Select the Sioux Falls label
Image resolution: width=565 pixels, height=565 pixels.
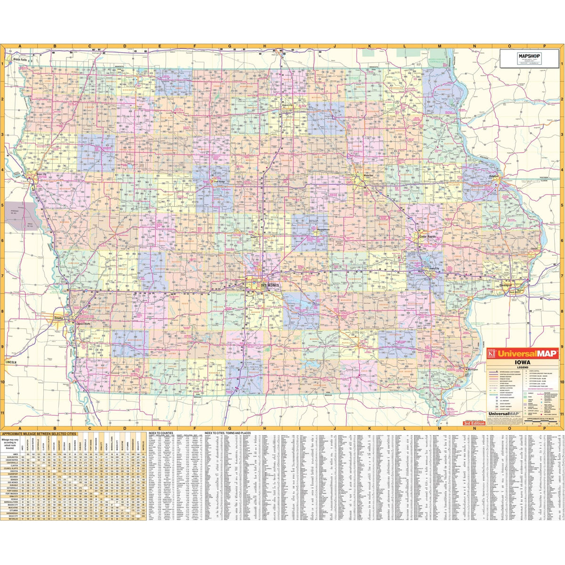(x=20, y=60)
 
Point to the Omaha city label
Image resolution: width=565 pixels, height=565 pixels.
(x=59, y=318)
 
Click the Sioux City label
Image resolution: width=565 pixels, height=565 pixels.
(x=41, y=175)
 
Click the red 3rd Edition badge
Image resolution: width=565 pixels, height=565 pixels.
(x=473, y=424)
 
